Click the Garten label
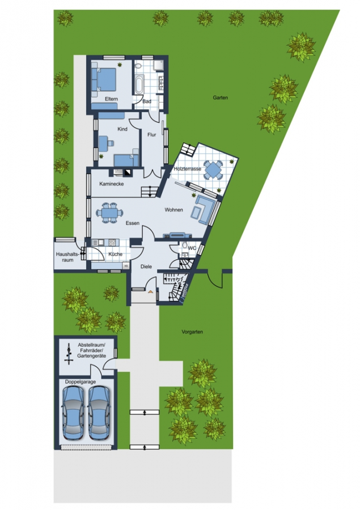coord(221,97)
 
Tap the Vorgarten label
coord(192,332)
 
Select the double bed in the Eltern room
coord(104,79)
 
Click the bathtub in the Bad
coord(139,84)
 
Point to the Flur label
coord(152,135)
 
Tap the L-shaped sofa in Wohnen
coord(204,210)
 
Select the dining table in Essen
coord(109,213)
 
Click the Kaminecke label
coord(112,184)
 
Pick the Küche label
coord(116,254)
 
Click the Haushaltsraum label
coord(67,257)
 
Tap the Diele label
coord(146,267)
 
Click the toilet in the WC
coord(185,245)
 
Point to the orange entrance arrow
coord(150,292)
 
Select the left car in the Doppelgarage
coord(74,413)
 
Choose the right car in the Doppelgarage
coord(99,413)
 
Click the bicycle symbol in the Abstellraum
coord(69,355)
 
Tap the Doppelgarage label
coord(81,382)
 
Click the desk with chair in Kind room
coord(107,142)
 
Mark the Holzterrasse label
coord(188,169)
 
